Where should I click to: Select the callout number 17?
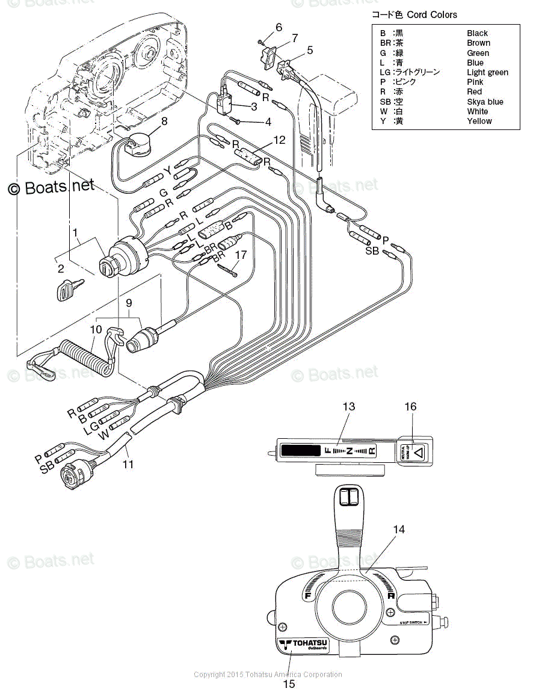241,255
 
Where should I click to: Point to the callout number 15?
289,684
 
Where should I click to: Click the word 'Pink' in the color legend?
475,82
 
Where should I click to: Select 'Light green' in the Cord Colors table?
487,72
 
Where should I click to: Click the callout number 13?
349,407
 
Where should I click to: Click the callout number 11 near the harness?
128,464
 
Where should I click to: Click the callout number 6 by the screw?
279,27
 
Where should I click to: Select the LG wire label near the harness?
91,427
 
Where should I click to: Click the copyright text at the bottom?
268,674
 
